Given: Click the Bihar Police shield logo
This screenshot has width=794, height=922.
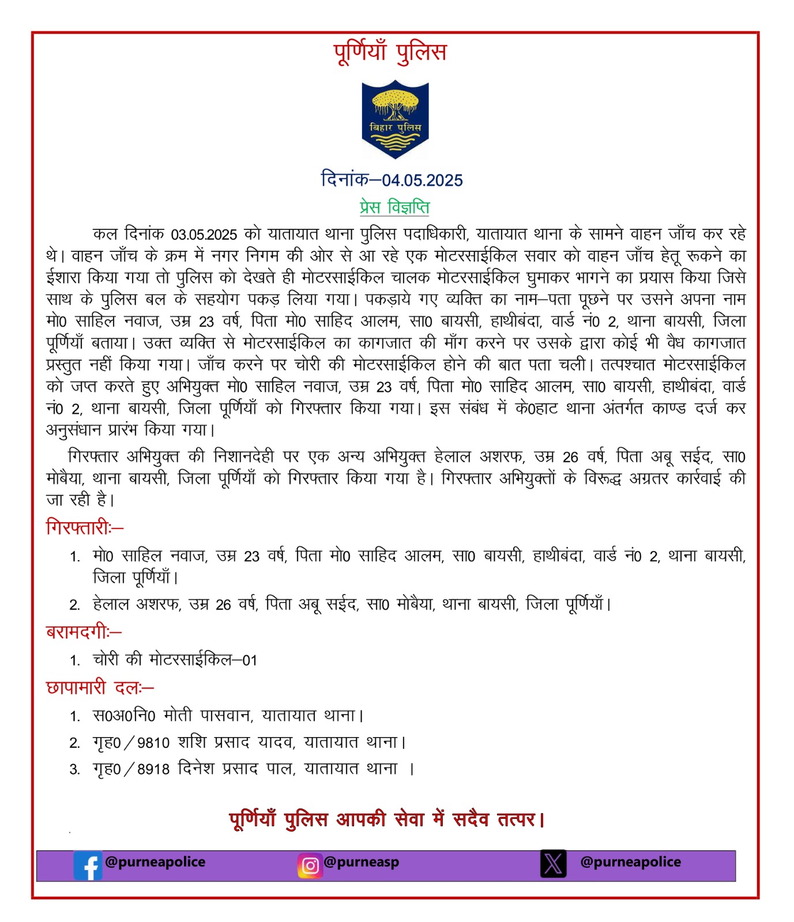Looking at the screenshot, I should [395, 119].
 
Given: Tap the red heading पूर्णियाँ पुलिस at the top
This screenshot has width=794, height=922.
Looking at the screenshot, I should [390, 52].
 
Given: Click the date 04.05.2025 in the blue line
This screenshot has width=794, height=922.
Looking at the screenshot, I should [422, 180].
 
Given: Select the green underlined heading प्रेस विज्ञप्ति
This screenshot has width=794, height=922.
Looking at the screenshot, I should [394, 206].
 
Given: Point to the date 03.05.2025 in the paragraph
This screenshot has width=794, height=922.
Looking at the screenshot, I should [204, 235].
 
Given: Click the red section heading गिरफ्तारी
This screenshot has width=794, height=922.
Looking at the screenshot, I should [84, 527].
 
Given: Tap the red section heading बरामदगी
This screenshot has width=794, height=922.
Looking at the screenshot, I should [84, 632].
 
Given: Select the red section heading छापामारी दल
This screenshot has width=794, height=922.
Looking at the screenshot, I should [99, 687].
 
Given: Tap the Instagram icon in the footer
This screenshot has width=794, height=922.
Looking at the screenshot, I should [310, 866].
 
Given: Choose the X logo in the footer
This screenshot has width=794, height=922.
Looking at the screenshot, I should [553, 864].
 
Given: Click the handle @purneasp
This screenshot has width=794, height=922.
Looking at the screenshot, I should [361, 862].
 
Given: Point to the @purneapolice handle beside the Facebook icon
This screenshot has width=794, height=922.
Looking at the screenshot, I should [155, 862].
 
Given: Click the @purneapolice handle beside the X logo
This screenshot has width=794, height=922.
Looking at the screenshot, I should [630, 862].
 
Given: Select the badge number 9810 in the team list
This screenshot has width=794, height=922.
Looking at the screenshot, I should [153, 743].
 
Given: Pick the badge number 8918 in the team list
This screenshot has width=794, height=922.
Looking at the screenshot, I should [153, 769].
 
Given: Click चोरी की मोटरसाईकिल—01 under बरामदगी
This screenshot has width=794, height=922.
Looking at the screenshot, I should [175, 660].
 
